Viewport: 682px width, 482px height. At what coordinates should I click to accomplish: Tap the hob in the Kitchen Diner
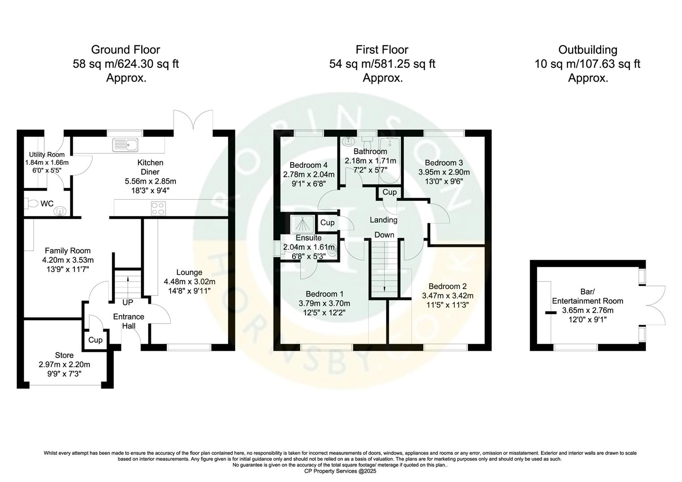tap(158, 208)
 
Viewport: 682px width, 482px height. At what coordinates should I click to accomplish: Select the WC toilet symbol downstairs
tap(32, 204)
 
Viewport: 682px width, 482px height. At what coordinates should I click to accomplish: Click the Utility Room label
tap(46, 154)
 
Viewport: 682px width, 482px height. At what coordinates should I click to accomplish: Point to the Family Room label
tap(67, 251)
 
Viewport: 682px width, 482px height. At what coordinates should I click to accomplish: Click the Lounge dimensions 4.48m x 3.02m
tap(189, 282)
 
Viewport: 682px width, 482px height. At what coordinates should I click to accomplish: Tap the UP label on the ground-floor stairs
tap(128, 303)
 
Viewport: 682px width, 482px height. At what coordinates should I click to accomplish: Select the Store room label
tap(64, 355)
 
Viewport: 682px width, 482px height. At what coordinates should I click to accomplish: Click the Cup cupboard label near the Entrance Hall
tap(95, 340)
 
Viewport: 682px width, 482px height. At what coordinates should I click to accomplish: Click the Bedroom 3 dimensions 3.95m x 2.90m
tap(444, 172)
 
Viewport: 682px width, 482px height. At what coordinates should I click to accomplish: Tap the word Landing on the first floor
tap(383, 220)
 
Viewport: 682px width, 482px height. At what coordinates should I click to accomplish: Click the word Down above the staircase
tap(384, 235)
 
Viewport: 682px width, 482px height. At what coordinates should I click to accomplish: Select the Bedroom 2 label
tap(447, 287)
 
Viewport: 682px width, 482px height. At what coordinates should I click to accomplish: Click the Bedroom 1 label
tap(324, 294)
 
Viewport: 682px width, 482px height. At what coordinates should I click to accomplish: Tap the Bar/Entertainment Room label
tap(587, 296)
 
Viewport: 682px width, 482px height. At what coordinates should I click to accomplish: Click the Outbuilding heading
tap(587, 50)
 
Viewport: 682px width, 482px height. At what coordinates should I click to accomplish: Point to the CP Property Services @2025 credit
tap(340, 471)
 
